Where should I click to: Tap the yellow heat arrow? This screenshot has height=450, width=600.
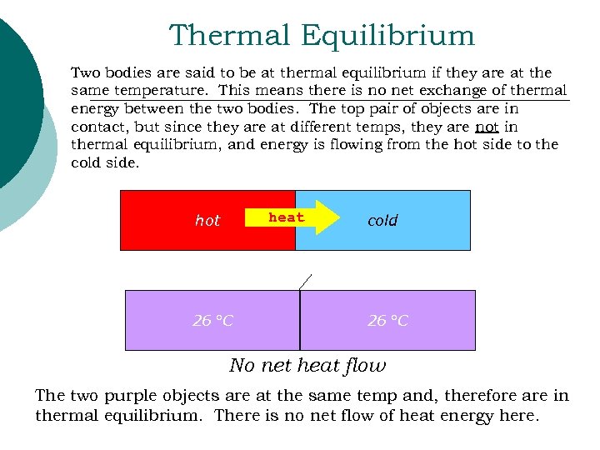292,218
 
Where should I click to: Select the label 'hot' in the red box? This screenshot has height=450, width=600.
207,221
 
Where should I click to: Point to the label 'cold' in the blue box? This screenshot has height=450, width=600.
382,221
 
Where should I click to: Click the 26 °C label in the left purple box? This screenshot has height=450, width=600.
212,321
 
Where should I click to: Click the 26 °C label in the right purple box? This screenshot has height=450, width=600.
388,321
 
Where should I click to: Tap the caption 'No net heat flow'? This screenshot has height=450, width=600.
307,365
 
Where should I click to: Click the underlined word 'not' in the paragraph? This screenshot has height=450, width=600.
487,127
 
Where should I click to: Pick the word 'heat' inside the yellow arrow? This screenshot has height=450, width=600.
286,217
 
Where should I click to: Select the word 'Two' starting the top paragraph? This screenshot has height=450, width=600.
84,73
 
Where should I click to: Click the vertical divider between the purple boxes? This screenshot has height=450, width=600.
300,320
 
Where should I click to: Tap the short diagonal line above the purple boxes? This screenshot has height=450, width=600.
306,281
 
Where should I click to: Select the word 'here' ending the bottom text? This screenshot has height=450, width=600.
517,414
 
